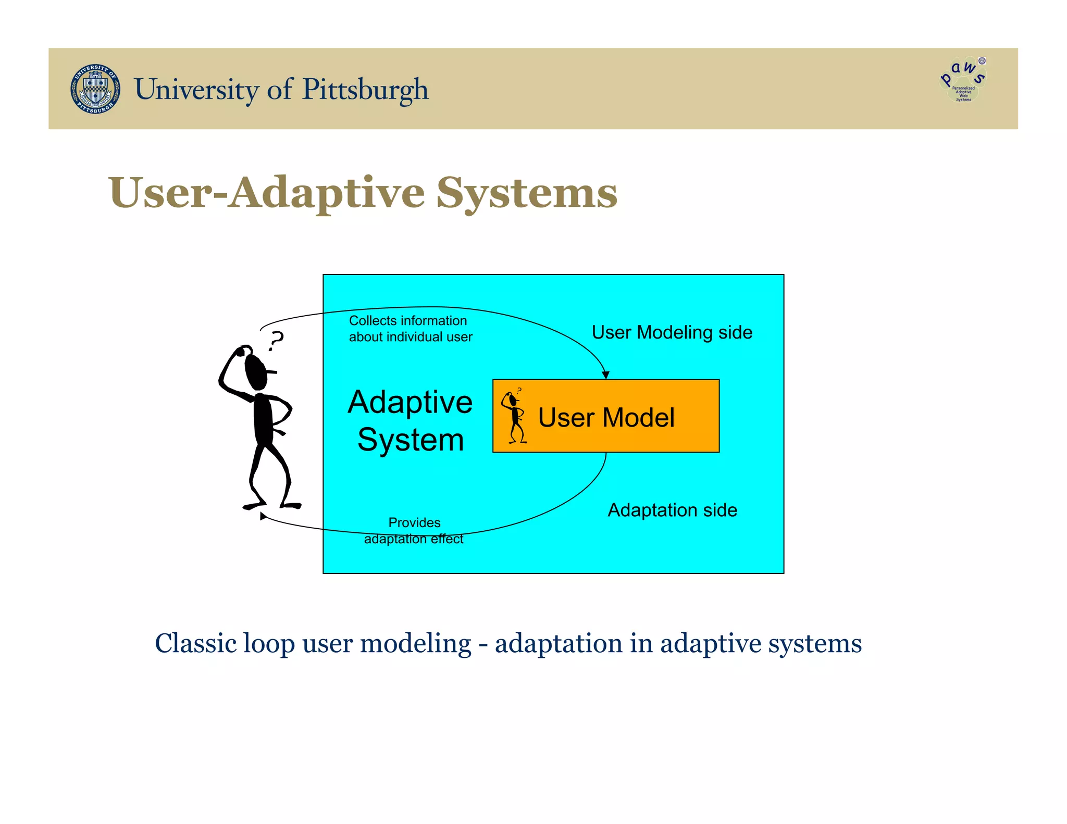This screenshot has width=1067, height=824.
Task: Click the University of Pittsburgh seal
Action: pyautogui.click(x=95, y=89)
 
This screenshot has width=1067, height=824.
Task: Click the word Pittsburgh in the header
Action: pyautogui.click(x=365, y=90)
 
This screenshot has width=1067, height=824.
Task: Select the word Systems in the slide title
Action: pyautogui.click(x=526, y=193)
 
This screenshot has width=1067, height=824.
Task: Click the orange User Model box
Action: pyautogui.click(x=606, y=416)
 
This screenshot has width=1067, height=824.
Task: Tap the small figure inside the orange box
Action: pyautogui.click(x=515, y=417)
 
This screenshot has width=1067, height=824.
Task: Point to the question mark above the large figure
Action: pyautogui.click(x=276, y=341)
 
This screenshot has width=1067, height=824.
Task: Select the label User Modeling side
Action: pyautogui.click(x=672, y=332)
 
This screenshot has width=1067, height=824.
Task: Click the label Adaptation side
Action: pyautogui.click(x=672, y=510)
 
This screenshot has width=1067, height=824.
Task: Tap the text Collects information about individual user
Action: pyautogui.click(x=410, y=329)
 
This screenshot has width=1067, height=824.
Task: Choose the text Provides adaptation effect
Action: pyautogui.click(x=414, y=530)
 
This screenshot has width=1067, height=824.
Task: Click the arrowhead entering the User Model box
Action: pyautogui.click(x=605, y=374)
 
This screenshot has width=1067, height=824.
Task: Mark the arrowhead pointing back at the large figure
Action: pyautogui.click(x=263, y=516)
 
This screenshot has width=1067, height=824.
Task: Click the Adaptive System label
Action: pyautogui.click(x=411, y=421)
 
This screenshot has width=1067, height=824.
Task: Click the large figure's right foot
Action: pyautogui.click(x=291, y=505)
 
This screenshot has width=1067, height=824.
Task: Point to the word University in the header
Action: pyautogui.click(x=196, y=90)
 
